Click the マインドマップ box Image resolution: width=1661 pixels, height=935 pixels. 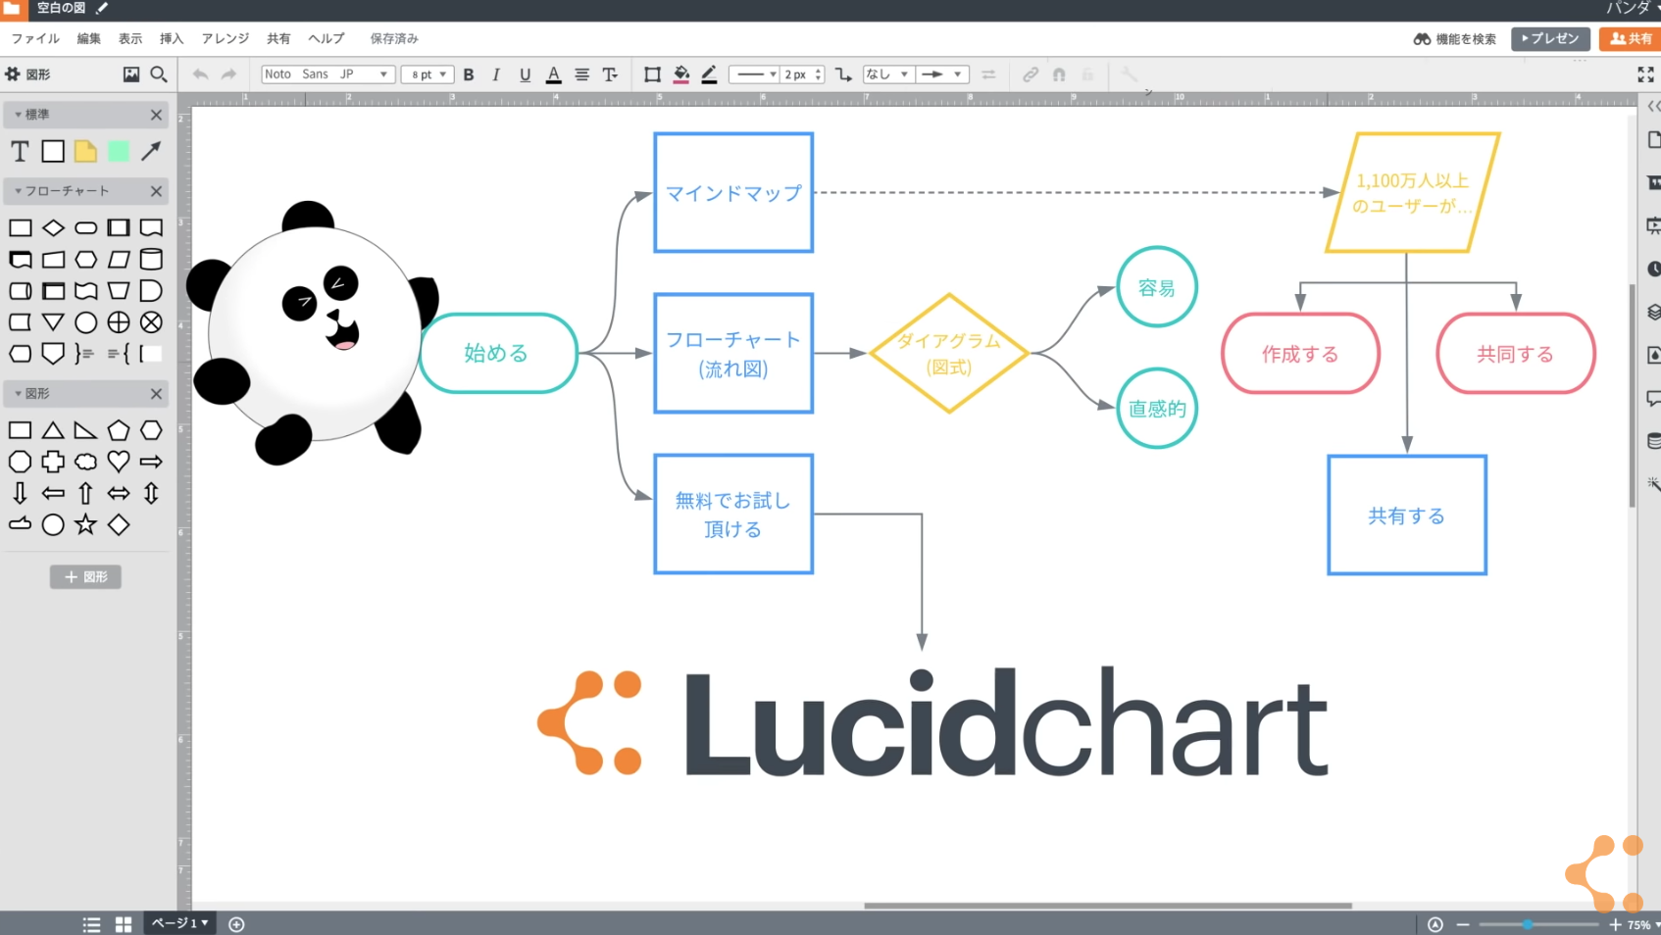coord(733,193)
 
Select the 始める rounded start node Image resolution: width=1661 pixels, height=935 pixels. coord(498,353)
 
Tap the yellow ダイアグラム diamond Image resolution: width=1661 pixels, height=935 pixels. coord(948,353)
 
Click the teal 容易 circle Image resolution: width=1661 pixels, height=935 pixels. coord(1157,287)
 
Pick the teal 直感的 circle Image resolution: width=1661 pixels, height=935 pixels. coord(1157,409)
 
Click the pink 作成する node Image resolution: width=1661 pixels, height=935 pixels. coord(1300,354)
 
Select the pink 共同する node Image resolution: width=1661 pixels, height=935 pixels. coord(1515,354)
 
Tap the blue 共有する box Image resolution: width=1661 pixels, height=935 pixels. coord(1407,516)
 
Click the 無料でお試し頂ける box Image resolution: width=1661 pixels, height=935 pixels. coord(733,514)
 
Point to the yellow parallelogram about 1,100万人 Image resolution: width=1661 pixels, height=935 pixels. coord(1412,193)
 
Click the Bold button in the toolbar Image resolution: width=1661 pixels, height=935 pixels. coord(469,74)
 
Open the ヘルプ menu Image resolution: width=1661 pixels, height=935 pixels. coord(327,38)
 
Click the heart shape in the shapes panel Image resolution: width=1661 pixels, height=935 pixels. coord(119,461)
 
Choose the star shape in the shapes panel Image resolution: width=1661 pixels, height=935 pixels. coord(86,524)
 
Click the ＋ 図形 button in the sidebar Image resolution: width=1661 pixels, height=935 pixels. coord(85,576)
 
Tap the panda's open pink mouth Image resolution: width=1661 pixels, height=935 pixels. coord(344,339)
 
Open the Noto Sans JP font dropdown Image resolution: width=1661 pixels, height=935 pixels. coord(327,74)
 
